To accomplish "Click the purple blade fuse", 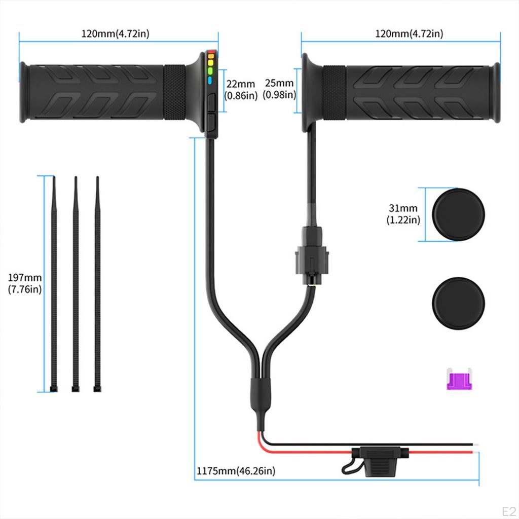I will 459,379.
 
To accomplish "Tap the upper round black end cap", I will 458,214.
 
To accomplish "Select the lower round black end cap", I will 458,303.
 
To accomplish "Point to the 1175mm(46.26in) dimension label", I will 236,471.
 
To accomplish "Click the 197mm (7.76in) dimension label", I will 25,283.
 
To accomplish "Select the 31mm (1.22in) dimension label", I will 403,214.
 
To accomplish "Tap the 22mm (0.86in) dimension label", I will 241,89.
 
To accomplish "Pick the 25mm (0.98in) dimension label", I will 280,89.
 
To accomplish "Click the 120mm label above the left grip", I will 116,34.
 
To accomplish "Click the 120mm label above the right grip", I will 409,34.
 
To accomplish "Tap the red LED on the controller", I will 211,51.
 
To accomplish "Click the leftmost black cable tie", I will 54,284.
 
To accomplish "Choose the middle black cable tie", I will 76,284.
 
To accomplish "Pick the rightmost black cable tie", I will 97,284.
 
